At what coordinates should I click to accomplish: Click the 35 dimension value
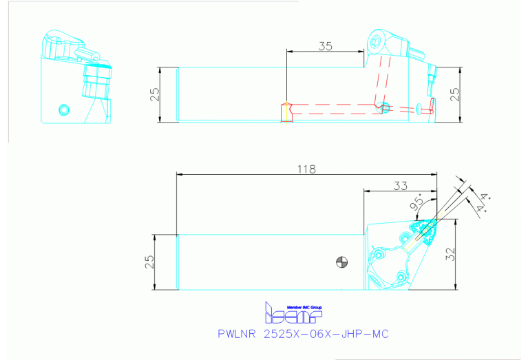pyautogui.click(x=326, y=46)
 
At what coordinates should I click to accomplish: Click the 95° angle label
pyautogui.click(x=416, y=204)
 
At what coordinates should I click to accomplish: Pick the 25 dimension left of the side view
pyautogui.click(x=155, y=94)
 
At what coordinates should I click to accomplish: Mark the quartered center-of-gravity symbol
pyautogui.click(x=341, y=261)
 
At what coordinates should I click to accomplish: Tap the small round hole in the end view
pyautogui.click(x=64, y=109)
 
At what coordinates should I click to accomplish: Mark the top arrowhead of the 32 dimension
pyautogui.click(x=457, y=223)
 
